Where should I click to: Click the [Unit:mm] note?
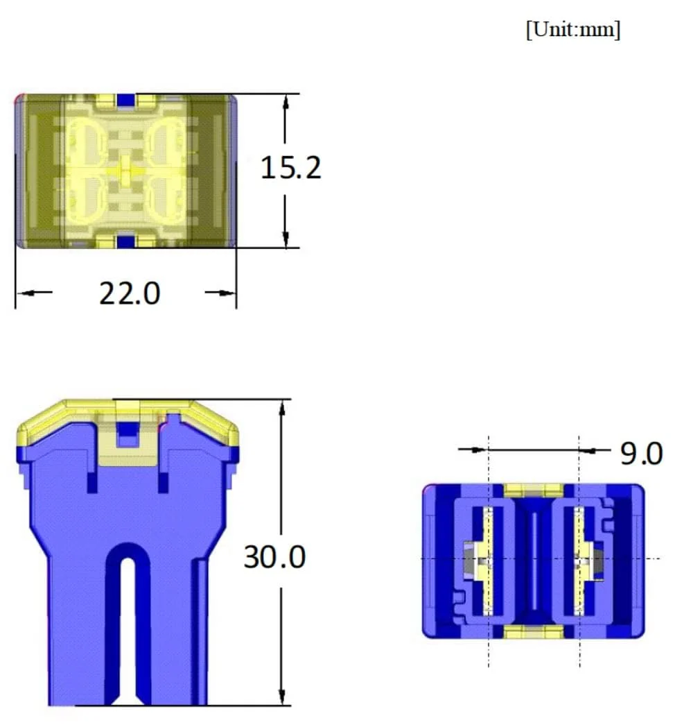[x=573, y=30]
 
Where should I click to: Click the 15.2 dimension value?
[x=290, y=167]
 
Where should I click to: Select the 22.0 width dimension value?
[x=130, y=293]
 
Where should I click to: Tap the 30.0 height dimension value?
[x=274, y=557]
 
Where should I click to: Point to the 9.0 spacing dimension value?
[x=642, y=454]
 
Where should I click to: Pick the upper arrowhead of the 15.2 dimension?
[x=286, y=102]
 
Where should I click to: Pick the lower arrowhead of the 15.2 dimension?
[x=286, y=239]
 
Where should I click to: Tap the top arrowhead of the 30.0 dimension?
[x=282, y=408]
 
